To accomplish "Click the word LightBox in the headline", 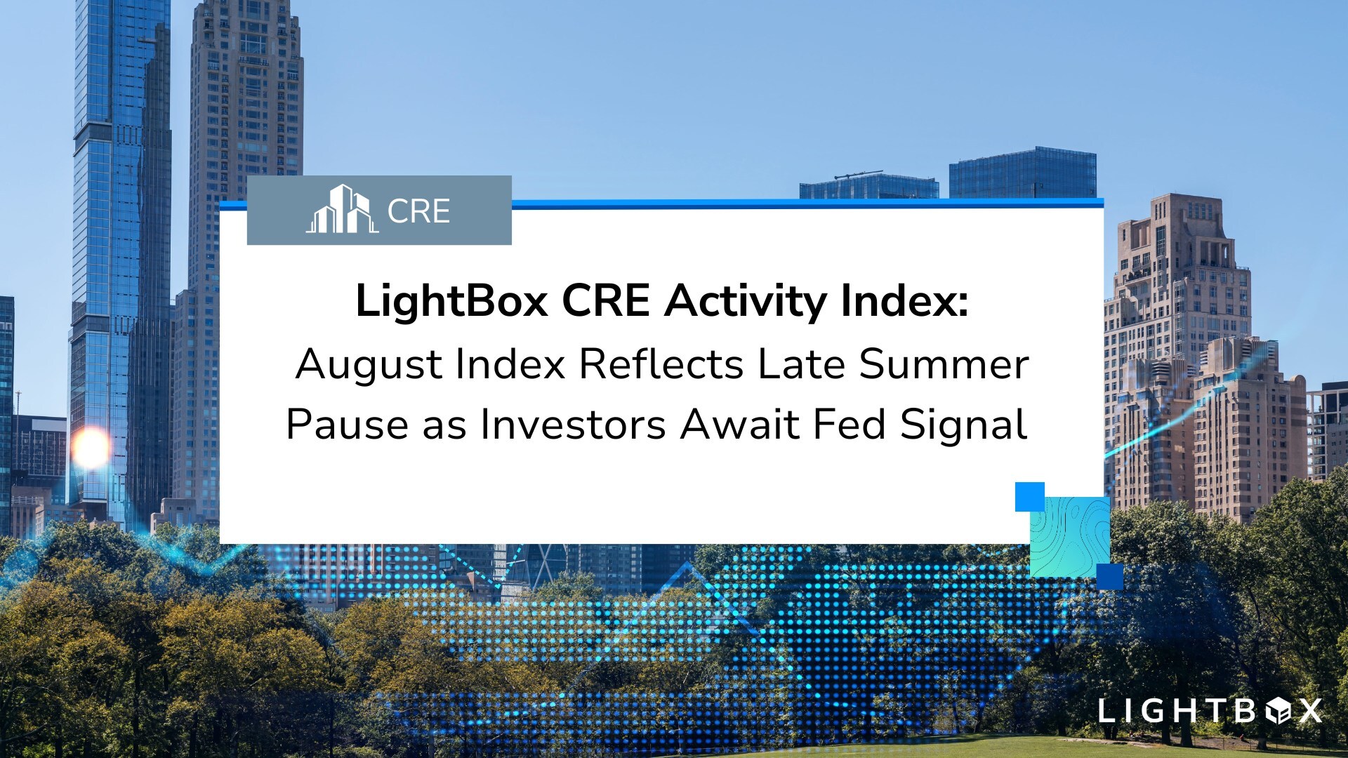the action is point(452,301).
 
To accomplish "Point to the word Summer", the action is point(944,364).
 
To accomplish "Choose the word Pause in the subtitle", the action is point(347,425).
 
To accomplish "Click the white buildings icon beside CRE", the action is point(342,209).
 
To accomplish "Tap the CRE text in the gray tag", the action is point(418,211).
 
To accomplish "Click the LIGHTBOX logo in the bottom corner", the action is point(1210,711).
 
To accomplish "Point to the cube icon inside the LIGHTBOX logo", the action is point(1278,711).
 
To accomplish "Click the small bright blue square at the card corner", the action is point(1030,497).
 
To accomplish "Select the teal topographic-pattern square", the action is point(1069,537).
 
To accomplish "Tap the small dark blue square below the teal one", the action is point(1109,577).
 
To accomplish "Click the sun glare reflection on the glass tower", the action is point(91,447).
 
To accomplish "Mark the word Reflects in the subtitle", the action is point(661,364).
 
